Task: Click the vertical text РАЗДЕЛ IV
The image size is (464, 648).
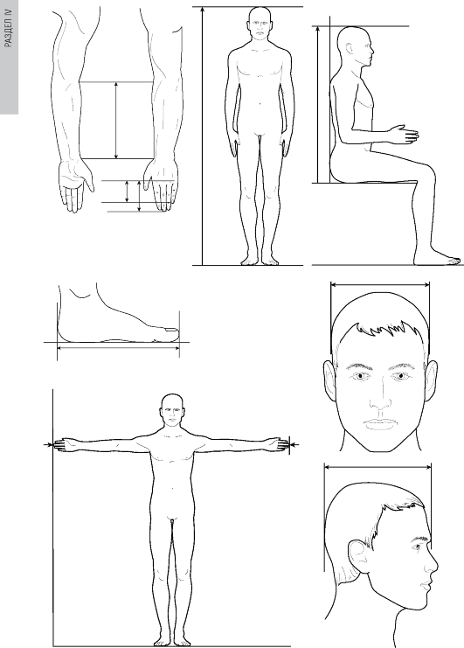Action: [x=9, y=28]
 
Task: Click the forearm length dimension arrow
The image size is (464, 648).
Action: [x=116, y=121]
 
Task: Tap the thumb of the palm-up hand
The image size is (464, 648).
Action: [x=87, y=178]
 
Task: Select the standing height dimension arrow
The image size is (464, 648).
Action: [x=202, y=136]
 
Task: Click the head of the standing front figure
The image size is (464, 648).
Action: [x=260, y=24]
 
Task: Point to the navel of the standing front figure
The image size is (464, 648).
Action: [x=260, y=104]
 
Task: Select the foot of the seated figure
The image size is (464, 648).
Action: [x=438, y=257]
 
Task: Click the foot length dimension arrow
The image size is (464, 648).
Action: [x=118, y=348]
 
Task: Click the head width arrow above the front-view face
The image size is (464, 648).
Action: [x=380, y=284]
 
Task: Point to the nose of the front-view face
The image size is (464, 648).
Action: [x=381, y=398]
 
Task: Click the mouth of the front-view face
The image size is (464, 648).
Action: [x=381, y=423]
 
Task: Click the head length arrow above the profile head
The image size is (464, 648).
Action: [x=377, y=467]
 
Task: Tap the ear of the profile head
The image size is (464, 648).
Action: [x=357, y=556]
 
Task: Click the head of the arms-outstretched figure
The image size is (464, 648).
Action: [x=172, y=409]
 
